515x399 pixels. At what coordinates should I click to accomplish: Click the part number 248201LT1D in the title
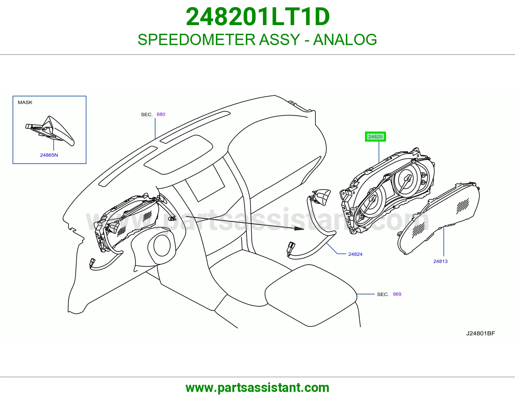(257, 17)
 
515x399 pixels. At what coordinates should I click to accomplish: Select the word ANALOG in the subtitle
(345, 40)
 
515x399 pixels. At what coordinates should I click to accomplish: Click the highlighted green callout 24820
(375, 137)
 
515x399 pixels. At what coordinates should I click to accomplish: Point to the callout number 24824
(355, 254)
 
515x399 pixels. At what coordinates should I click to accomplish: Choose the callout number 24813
(440, 261)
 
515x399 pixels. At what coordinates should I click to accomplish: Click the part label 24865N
(49, 155)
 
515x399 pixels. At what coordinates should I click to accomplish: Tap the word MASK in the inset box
(25, 102)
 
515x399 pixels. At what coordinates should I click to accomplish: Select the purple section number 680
(161, 114)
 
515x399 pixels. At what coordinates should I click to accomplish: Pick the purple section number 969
(397, 294)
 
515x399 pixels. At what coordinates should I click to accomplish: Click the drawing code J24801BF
(480, 333)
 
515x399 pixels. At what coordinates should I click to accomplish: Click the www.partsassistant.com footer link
(257, 388)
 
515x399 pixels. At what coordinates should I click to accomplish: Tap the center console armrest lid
(311, 295)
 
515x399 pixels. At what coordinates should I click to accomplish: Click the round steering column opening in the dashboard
(162, 246)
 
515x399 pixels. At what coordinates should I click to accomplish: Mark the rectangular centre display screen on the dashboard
(205, 182)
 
